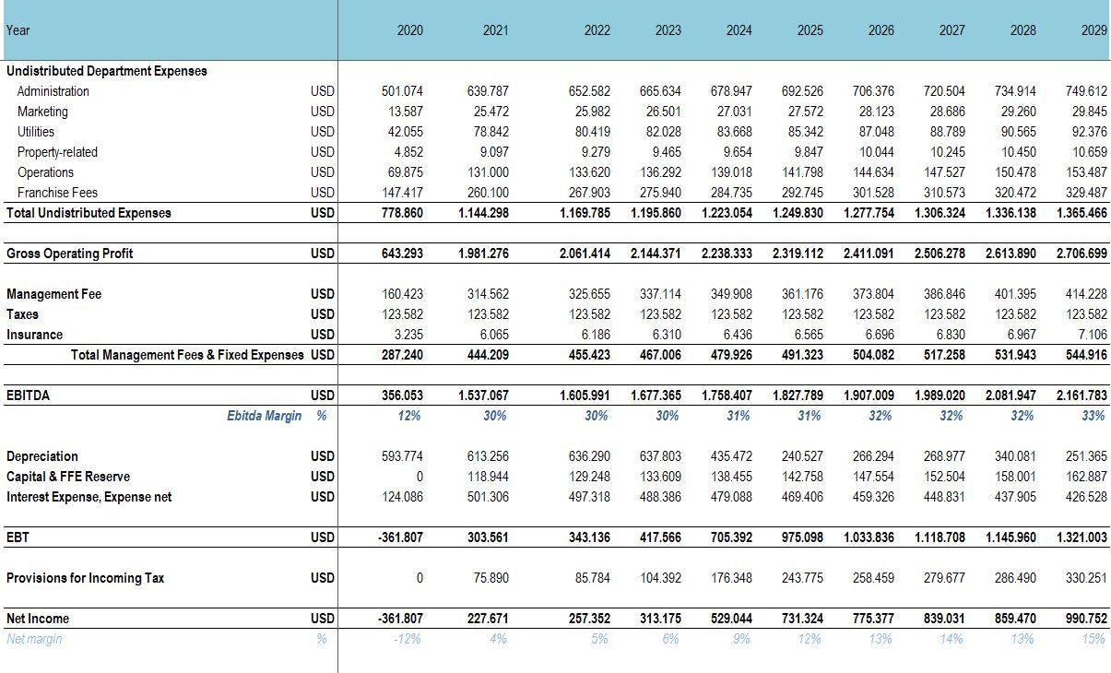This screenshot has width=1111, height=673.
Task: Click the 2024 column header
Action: click(x=739, y=30)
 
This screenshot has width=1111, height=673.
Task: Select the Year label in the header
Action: click(x=18, y=30)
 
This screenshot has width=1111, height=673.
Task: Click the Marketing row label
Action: click(x=42, y=112)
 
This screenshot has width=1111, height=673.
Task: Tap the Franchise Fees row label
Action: click(x=57, y=193)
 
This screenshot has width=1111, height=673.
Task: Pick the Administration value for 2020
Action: click(x=402, y=91)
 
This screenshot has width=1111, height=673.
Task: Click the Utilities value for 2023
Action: click(x=664, y=132)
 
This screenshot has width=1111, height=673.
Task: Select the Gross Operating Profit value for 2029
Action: click(x=1081, y=254)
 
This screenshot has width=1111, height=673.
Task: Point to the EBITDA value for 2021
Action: click(x=483, y=396)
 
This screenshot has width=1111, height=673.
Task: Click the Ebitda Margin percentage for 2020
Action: click(x=409, y=416)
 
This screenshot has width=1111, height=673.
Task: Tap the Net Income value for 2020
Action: click(x=401, y=619)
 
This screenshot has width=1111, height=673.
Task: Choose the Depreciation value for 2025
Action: click(x=802, y=456)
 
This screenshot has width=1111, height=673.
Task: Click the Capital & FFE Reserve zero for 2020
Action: click(x=420, y=477)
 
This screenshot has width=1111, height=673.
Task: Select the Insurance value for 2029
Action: click(x=1093, y=335)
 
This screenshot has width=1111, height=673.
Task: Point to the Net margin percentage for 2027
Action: click(x=951, y=639)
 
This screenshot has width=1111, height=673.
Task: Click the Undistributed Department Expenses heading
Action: click(x=107, y=71)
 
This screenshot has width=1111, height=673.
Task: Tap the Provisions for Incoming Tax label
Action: click(x=85, y=578)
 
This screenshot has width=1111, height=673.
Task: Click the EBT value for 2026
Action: click(x=869, y=537)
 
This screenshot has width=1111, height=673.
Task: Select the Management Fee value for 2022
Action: click(x=589, y=294)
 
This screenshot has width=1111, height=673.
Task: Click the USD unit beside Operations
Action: click(x=323, y=172)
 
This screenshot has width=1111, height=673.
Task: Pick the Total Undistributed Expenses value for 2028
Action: click(x=1011, y=213)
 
